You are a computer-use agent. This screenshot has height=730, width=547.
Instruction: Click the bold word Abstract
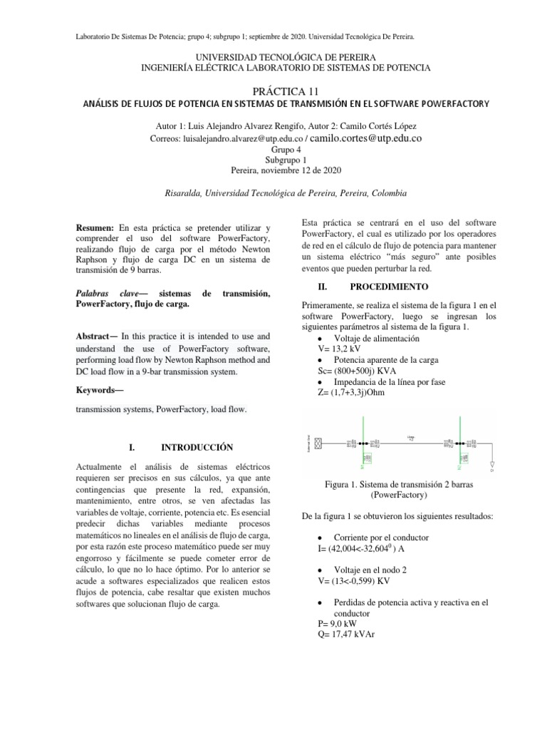click(95, 336)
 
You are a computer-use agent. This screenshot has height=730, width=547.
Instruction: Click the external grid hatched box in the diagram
click(319, 443)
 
